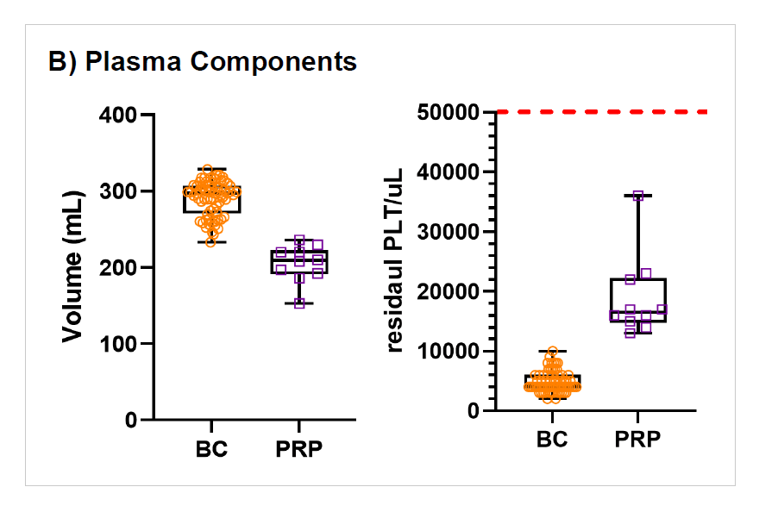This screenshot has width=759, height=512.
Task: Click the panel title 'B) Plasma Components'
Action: pyautogui.click(x=203, y=63)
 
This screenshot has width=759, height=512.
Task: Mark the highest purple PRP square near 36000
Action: pyautogui.click(x=639, y=196)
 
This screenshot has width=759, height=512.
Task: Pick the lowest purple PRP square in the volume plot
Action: pyautogui.click(x=299, y=303)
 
